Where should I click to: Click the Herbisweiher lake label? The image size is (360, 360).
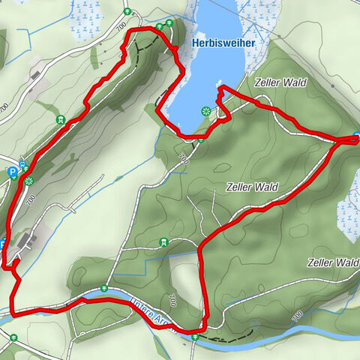coord(223,43)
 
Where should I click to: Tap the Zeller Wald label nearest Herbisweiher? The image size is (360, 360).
coord(280,82)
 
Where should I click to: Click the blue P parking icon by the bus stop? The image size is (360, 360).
coord(13,172)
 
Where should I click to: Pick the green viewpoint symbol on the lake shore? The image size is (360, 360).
coord(205,111)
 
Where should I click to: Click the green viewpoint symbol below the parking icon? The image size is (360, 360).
coord(29,181)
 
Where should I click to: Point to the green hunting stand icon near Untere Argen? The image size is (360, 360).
coord(163,243)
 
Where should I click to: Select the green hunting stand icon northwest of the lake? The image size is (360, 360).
coord(60,119)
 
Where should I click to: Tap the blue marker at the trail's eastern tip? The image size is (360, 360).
coord(356,137)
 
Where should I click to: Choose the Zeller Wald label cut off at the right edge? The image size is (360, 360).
coord(333,262)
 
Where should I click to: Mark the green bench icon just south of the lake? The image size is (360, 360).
coord(200,137)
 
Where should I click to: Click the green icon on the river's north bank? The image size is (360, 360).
coord(104,289)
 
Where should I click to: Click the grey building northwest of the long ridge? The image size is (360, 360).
coord(36,73)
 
